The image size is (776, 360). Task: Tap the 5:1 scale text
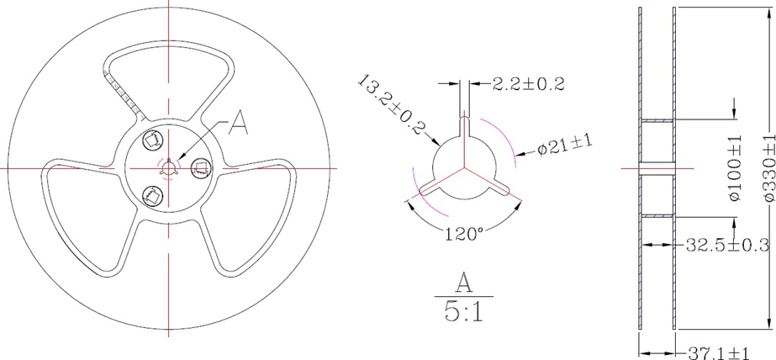[463, 313]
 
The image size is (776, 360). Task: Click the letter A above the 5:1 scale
[463, 281]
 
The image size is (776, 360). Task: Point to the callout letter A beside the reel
[239, 124]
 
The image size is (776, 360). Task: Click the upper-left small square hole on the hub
[153, 138]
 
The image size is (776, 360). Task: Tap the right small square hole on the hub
[200, 168]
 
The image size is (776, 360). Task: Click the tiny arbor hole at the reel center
[169, 167]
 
